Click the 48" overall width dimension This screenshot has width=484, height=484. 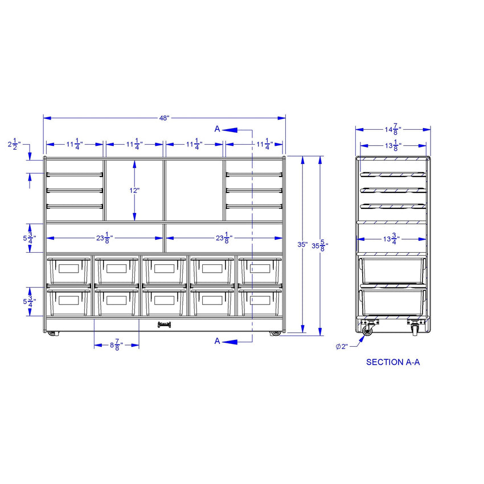[x=164, y=118]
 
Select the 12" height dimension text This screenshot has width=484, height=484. [x=134, y=190]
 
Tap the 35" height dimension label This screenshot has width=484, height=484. [x=302, y=244]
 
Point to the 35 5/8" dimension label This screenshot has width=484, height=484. [x=320, y=246]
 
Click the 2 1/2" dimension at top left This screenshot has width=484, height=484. [x=14, y=144]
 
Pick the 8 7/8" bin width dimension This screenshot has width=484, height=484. [x=116, y=345]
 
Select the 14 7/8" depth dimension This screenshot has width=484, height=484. [x=393, y=129]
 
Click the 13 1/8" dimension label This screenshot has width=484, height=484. [x=393, y=145]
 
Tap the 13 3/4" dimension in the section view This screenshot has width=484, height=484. [x=391, y=239]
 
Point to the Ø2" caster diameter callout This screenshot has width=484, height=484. [x=342, y=347]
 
